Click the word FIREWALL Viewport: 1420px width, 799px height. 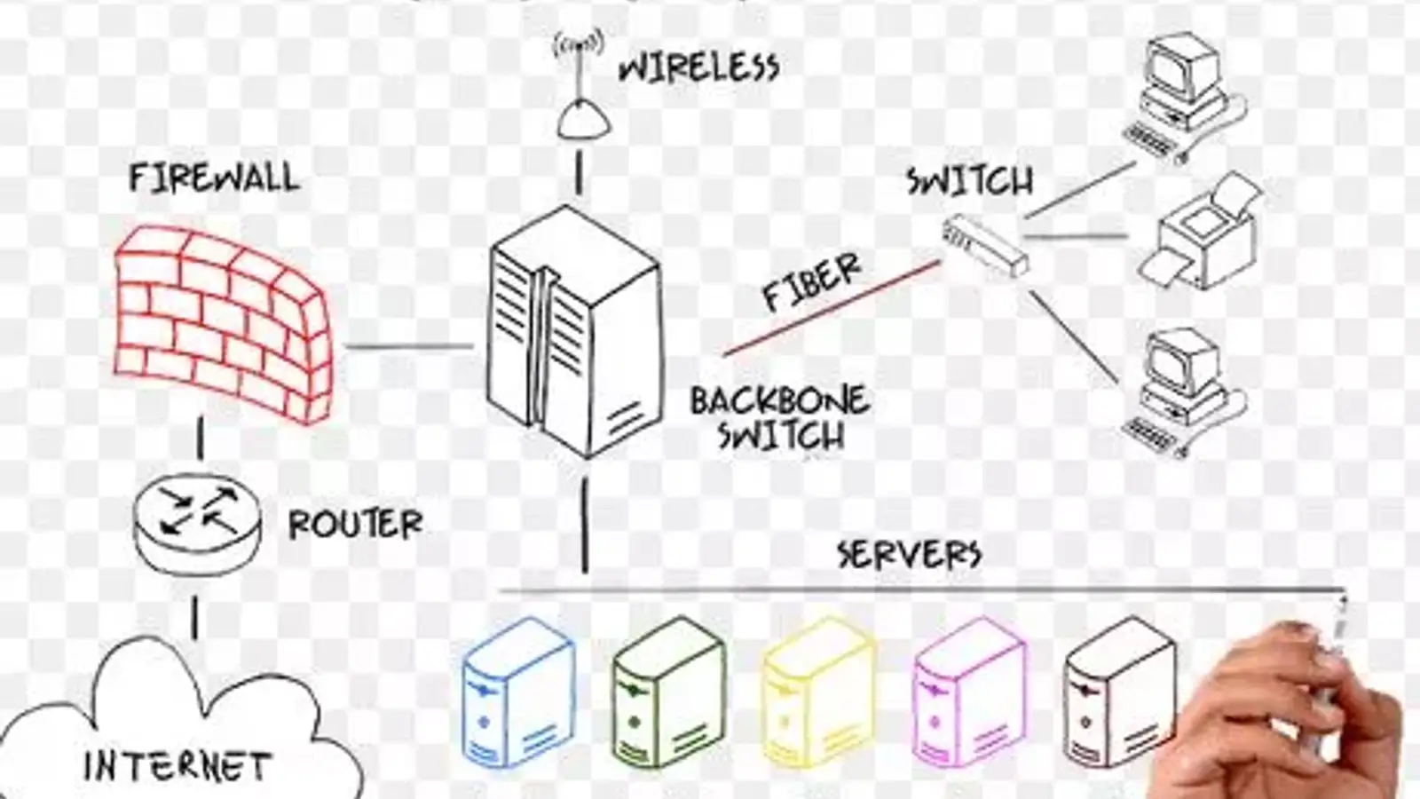(x=214, y=178)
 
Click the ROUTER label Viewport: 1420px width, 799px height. (x=355, y=525)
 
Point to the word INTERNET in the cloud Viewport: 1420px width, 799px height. (x=177, y=766)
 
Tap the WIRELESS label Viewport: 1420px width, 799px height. (x=699, y=67)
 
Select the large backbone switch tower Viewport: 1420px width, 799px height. (x=575, y=333)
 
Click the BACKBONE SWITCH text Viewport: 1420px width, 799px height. (x=779, y=417)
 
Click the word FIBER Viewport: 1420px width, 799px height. (x=811, y=281)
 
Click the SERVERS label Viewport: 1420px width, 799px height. (x=909, y=554)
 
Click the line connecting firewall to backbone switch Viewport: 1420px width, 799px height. (x=408, y=346)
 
